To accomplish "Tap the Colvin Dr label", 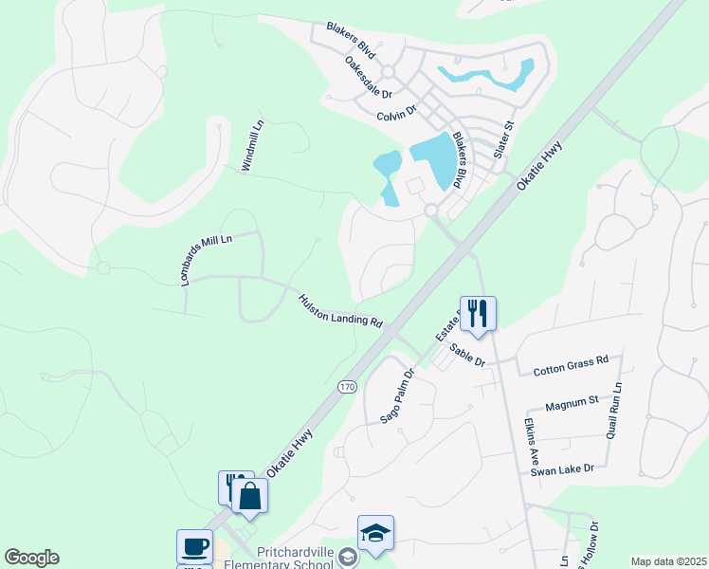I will click(396, 115).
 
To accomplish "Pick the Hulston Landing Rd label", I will click(340, 310).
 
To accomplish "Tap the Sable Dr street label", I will click(467, 356).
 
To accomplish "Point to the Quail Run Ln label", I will click(617, 409).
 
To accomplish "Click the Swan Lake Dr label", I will click(561, 469).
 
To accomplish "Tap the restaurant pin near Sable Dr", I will click(478, 313).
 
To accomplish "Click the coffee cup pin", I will click(194, 546).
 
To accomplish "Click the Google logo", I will click(31, 558).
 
